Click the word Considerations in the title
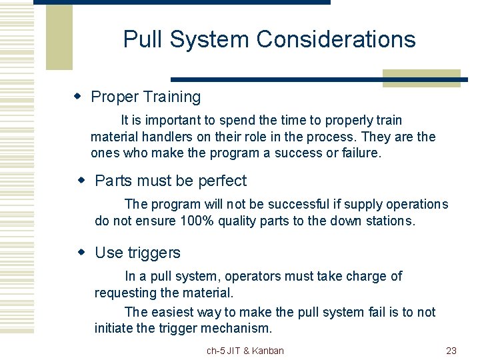pos(336,39)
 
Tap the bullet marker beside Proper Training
pos(77,97)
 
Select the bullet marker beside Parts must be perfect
pos(82,181)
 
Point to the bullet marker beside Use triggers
pos(82,253)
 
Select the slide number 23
pos(451,351)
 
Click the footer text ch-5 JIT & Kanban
pos(245,351)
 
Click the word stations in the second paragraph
pos(391,221)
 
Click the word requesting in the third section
pos(125,293)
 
